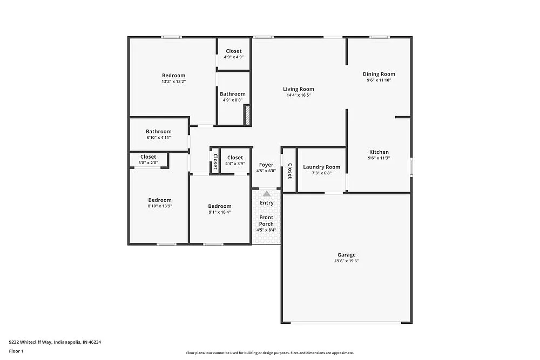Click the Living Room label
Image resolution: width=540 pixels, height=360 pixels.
(298, 89)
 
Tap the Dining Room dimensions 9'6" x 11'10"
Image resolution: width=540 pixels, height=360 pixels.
(379, 80)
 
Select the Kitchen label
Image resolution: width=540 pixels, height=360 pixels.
(379, 152)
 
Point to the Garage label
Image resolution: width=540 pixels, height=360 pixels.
(346, 255)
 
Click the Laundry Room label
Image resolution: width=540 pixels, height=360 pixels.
(321, 167)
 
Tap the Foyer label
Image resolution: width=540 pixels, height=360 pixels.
(266, 165)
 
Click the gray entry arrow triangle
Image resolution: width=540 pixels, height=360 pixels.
(267, 193)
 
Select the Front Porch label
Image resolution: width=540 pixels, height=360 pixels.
(266, 221)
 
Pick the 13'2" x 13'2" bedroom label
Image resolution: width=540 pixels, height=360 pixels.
(173, 76)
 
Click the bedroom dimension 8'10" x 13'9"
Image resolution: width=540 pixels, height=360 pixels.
(160, 206)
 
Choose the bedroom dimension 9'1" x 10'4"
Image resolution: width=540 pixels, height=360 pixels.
(220, 212)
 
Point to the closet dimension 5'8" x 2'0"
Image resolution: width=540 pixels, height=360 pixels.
(148, 162)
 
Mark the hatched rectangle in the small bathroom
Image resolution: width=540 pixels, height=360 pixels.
(248, 116)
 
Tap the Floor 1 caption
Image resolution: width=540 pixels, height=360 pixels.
(16, 351)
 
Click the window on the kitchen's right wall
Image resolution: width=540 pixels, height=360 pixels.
(411, 166)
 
